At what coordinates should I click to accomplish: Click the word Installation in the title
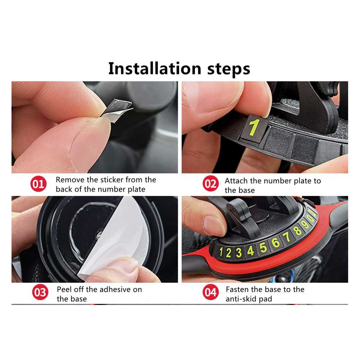(x=155, y=68)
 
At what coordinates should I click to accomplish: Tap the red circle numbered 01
(x=38, y=184)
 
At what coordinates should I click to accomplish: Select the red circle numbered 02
(x=210, y=184)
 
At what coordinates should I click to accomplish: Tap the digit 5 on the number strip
(x=263, y=247)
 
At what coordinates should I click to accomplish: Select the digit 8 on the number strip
(x=297, y=231)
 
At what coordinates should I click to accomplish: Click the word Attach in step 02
(x=236, y=181)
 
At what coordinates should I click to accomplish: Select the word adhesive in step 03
(x=121, y=290)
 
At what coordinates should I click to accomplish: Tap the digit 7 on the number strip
(x=287, y=237)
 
